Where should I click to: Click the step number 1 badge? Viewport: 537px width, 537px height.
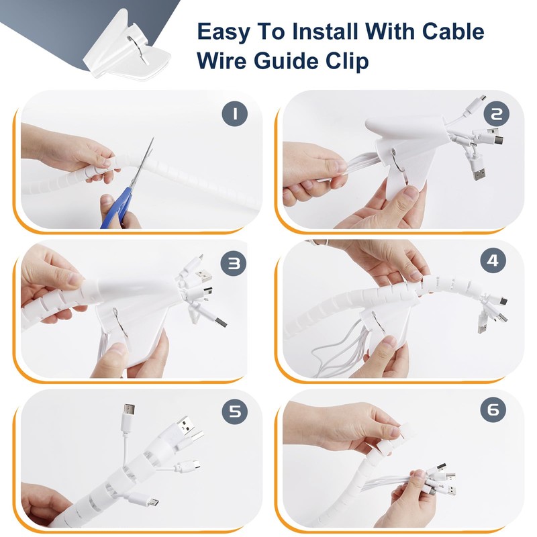234,113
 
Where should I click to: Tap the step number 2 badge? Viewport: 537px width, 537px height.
496,113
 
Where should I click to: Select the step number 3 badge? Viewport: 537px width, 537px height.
233,263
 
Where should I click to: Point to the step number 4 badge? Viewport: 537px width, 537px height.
493,261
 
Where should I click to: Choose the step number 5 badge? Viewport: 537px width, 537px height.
234,411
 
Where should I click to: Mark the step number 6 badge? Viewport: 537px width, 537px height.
493,409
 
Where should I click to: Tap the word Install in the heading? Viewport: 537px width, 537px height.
325,31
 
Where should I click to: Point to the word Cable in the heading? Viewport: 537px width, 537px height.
453,31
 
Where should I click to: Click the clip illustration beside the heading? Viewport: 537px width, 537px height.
128,47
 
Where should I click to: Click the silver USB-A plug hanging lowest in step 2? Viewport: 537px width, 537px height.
479,170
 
